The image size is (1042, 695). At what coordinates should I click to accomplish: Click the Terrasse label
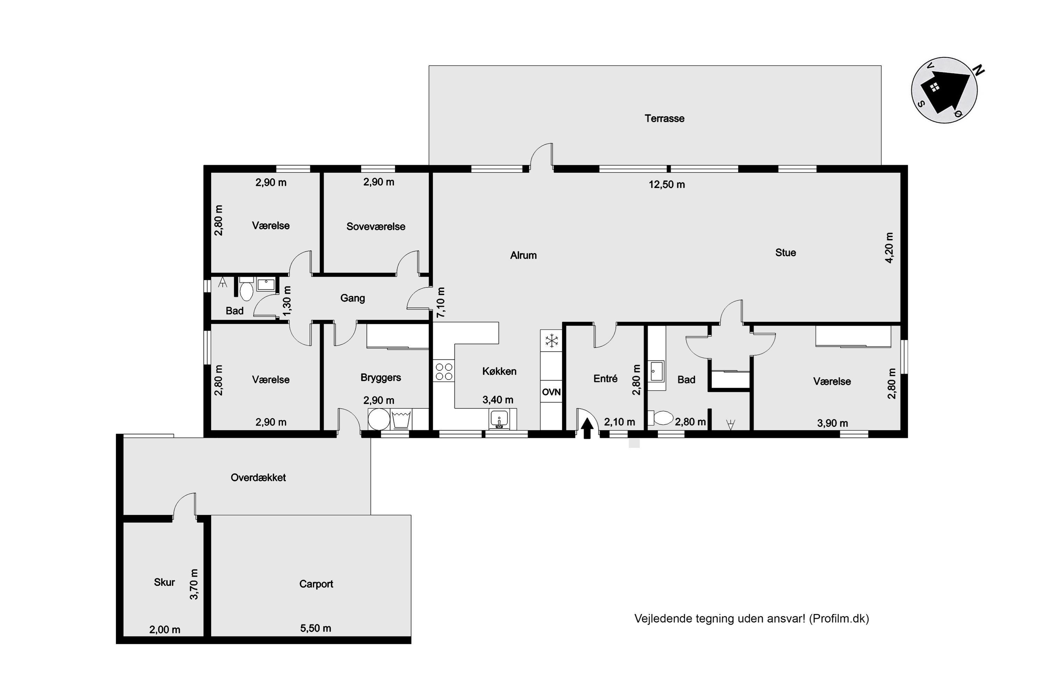pyautogui.click(x=664, y=118)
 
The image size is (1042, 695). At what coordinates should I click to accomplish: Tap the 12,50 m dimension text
pyautogui.click(x=667, y=185)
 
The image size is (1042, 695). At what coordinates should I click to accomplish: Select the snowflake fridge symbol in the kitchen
pyautogui.click(x=552, y=341)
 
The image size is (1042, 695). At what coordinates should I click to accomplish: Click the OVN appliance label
pyautogui.click(x=551, y=392)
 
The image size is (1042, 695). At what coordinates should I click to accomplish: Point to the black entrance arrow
pyautogui.click(x=587, y=428)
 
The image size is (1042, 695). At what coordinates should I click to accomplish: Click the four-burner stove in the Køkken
pyautogui.click(x=444, y=371)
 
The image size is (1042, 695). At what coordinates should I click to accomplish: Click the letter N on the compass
pyautogui.click(x=978, y=70)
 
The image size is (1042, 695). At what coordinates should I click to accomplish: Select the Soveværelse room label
pyautogui.click(x=376, y=227)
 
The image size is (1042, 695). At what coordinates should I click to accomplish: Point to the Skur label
pyautogui.click(x=164, y=582)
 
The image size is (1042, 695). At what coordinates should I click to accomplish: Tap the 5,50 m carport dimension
pyautogui.click(x=315, y=628)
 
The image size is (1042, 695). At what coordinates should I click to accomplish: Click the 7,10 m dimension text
pyautogui.click(x=441, y=302)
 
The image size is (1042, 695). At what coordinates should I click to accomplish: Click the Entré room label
pyautogui.click(x=605, y=378)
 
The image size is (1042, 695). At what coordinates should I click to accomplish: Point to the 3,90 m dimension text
pyautogui.click(x=833, y=423)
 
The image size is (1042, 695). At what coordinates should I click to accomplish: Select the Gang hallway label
pyautogui.click(x=352, y=298)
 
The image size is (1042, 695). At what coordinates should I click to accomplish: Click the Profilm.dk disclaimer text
pyautogui.click(x=751, y=619)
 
